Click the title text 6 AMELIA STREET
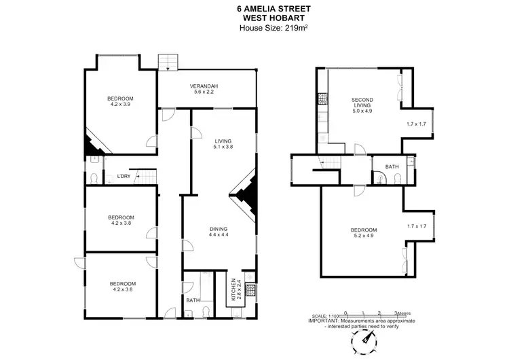[x=255, y=7]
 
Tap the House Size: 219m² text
[x=255, y=28]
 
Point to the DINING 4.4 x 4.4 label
[x=219, y=232]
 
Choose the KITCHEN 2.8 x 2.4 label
[x=233, y=289]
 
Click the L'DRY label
[x=124, y=177]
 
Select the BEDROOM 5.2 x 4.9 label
[x=364, y=233]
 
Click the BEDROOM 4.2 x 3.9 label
[x=120, y=101]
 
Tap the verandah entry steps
[x=167, y=63]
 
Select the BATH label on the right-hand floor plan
[x=392, y=166]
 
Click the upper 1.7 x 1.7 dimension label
[x=415, y=124]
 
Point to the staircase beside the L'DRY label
[x=148, y=178]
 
